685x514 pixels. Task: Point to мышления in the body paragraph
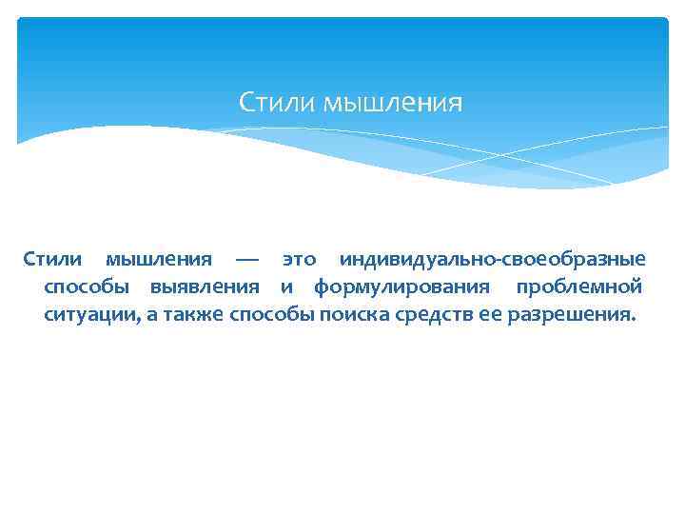click(x=158, y=259)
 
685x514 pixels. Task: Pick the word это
click(x=299, y=259)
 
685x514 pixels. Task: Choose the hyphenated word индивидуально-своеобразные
click(x=492, y=259)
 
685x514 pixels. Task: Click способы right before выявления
click(x=85, y=287)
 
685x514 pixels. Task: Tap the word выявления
click(x=204, y=287)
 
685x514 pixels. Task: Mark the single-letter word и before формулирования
click(x=286, y=287)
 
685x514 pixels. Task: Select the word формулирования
click(x=402, y=287)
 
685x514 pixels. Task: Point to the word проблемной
click(x=578, y=287)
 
